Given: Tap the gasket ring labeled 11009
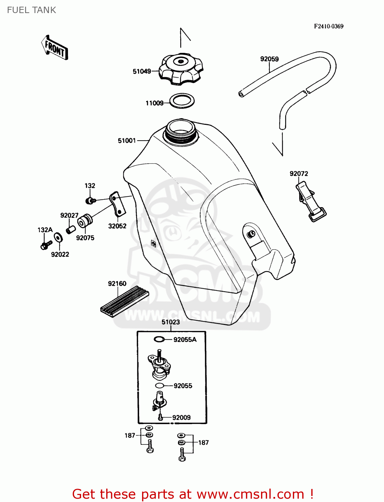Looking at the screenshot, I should pos(182,101).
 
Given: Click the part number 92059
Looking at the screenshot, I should pos(269,59).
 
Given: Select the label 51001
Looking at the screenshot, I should pos(127,141).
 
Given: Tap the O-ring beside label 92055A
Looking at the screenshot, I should pos(159,339).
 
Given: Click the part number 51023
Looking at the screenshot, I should pos(171,322).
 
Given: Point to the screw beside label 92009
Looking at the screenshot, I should pos(160,417).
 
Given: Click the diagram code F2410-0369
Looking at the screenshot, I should pos(328,26).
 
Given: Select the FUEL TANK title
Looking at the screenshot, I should pos(31,10).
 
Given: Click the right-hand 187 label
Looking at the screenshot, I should pos(203,442).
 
